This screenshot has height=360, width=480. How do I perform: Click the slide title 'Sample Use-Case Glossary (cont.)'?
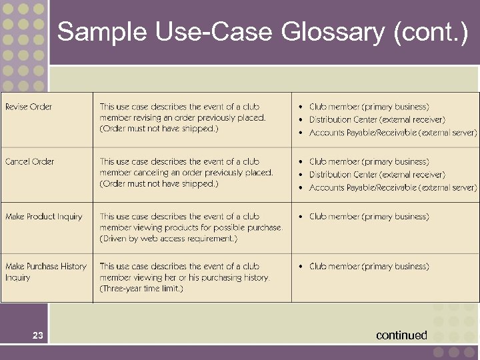(263, 31)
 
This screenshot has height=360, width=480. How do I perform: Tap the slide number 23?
(38, 336)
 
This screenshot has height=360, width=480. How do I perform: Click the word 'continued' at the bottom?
(401, 335)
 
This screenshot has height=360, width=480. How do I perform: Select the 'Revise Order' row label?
(29, 107)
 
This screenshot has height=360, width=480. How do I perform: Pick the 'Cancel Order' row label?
(30, 161)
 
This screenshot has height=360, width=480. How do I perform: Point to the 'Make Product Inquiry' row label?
(44, 217)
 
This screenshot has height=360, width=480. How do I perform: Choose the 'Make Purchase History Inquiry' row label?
(45, 271)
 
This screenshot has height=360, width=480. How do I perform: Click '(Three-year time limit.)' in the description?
(141, 289)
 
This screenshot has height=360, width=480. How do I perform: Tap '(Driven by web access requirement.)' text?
(169, 239)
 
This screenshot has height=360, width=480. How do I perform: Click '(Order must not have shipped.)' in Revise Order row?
(159, 129)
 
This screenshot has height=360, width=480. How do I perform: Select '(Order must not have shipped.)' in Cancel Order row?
(159, 183)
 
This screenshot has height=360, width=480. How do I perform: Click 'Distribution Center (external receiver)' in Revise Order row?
(377, 120)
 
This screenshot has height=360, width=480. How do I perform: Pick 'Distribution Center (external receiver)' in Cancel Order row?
(377, 175)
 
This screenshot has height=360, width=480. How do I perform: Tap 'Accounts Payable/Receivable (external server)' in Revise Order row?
(393, 133)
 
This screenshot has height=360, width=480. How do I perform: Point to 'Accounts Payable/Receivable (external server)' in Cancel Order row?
(393, 187)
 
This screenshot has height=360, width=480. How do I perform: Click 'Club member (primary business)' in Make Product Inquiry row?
(369, 217)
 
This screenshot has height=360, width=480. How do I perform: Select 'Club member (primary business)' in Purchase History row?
(369, 266)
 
